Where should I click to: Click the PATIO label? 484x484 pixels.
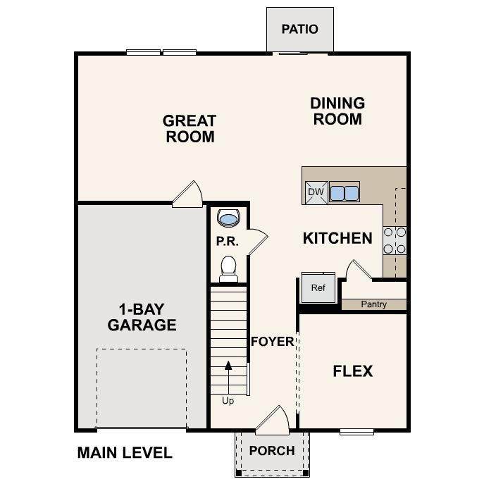(x=299, y=30)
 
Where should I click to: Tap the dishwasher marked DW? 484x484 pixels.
(x=316, y=192)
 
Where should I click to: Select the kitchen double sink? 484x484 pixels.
(x=345, y=192)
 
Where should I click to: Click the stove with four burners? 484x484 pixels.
(x=395, y=240)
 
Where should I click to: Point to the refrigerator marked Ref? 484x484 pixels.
(x=318, y=287)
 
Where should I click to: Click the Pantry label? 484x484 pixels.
(x=374, y=304)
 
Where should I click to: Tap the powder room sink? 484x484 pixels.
(x=228, y=218)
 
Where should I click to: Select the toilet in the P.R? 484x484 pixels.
(x=229, y=269)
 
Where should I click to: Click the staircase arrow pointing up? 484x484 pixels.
(x=228, y=378)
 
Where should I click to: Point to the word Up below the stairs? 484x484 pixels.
(x=228, y=401)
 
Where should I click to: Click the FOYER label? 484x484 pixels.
(x=273, y=342)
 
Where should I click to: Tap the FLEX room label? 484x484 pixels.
(x=353, y=371)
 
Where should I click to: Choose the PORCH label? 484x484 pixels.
(x=272, y=451)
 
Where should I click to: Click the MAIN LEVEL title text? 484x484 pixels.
(x=125, y=453)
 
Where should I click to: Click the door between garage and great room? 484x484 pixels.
(x=187, y=194)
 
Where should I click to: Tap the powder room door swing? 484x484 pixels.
(x=258, y=242)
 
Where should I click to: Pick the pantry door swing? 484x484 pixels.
(x=359, y=269)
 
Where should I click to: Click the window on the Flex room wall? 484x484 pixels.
(x=356, y=432)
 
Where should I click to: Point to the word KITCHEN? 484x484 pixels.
(x=337, y=238)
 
